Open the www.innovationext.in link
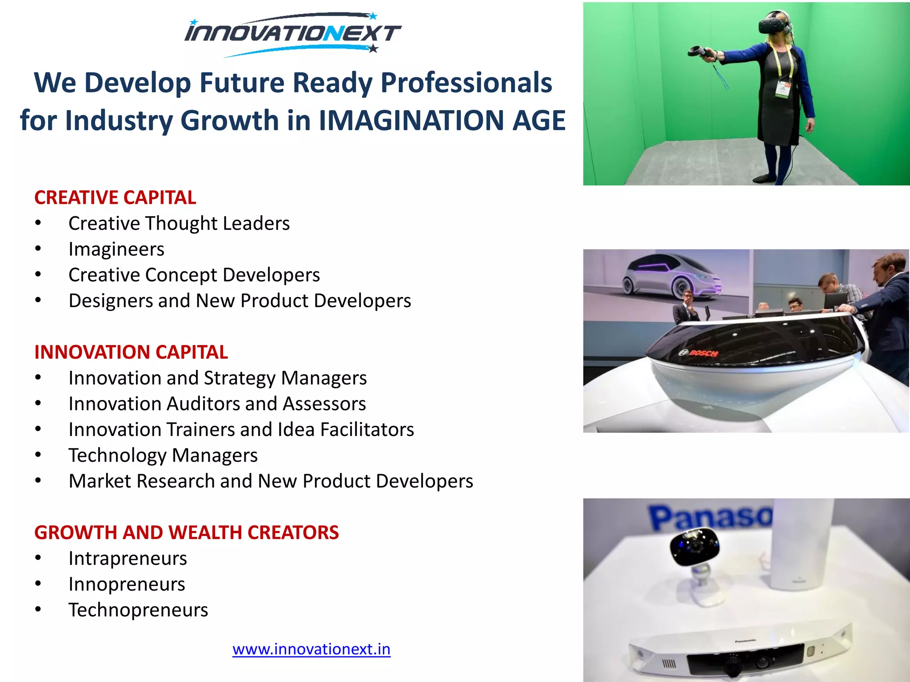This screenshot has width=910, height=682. [x=311, y=649]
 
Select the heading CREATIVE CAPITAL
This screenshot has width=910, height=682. [x=115, y=198]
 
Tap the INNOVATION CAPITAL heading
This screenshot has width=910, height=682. [x=131, y=352]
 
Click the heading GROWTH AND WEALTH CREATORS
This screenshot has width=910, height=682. [x=186, y=532]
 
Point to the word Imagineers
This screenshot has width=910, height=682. [x=116, y=249]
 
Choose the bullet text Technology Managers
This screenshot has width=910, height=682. [x=163, y=455]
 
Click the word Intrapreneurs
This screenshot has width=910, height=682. [x=128, y=558]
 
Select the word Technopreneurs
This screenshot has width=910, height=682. [x=138, y=610]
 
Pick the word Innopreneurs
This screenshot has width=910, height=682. [x=127, y=584]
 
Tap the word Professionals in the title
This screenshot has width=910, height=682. [x=466, y=83]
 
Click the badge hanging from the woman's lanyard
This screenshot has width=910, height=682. [x=782, y=88]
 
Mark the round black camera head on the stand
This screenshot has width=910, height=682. [x=693, y=546]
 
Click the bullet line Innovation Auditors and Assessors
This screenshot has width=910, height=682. [x=217, y=404]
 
